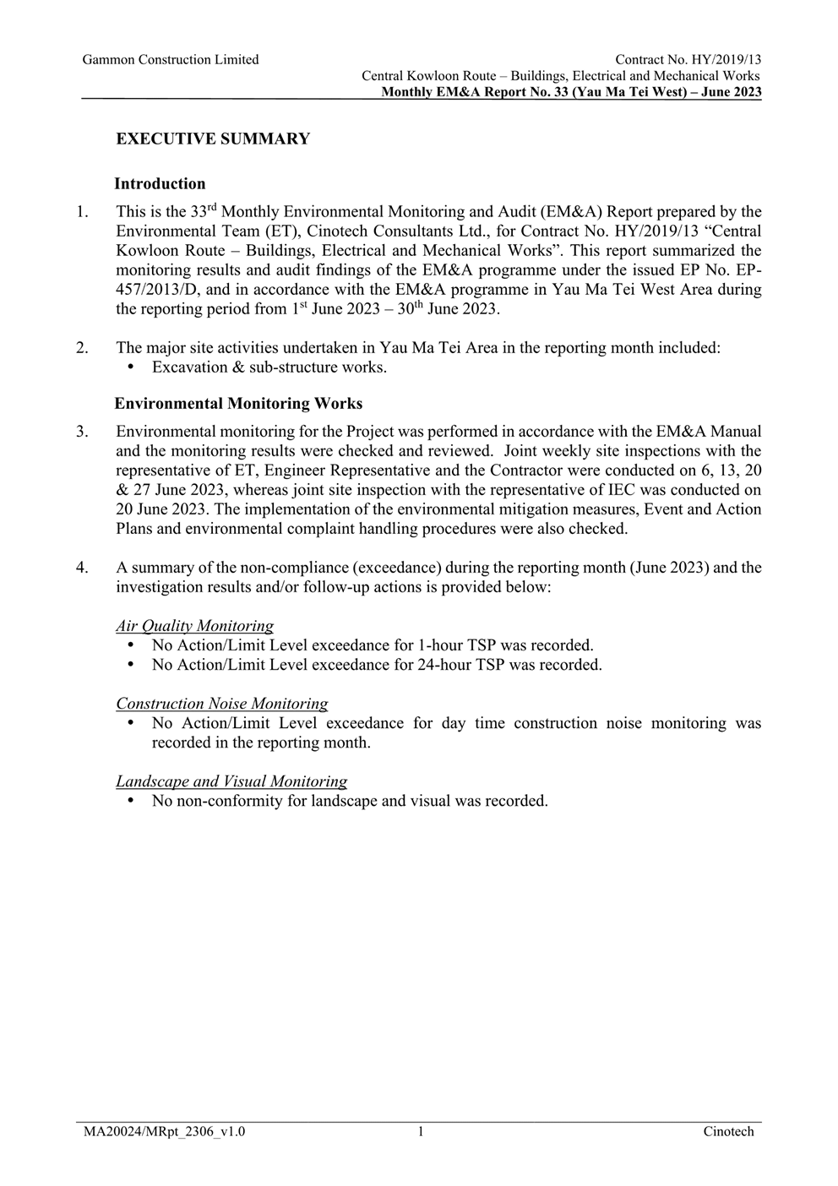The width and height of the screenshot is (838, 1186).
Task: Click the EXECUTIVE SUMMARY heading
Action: point(213,139)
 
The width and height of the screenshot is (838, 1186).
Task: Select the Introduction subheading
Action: point(160,184)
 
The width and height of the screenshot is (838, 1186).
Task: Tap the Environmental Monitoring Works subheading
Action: point(238,404)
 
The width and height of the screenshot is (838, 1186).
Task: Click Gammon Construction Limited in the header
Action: point(171,60)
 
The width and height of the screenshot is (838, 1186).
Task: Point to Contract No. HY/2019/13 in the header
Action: point(688,60)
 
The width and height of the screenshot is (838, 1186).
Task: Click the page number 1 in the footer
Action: point(420,1132)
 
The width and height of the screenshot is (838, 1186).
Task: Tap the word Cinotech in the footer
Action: point(728,1132)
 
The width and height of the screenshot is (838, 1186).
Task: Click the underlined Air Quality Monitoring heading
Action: point(194,626)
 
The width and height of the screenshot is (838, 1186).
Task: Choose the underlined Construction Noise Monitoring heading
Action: point(221,704)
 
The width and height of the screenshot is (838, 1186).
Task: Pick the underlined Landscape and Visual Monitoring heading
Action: point(231,781)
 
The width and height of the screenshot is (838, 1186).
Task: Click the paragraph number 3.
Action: point(82,432)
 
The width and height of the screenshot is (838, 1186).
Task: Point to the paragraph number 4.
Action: point(82,568)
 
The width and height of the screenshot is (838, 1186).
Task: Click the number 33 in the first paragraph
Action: point(199,212)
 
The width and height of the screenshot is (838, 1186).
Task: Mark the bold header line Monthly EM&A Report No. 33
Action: point(571,92)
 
